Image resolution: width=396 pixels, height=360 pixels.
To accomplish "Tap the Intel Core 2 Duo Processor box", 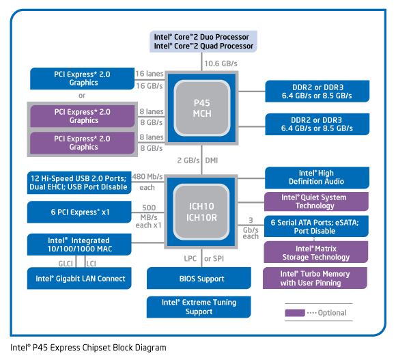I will [203, 41].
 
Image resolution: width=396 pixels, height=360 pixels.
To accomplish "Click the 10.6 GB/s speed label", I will [220, 64].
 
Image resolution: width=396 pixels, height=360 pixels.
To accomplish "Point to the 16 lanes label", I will [149, 73].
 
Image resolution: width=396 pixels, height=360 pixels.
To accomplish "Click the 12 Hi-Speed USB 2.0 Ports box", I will [79, 182].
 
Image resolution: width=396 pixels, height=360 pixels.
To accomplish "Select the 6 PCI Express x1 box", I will [79, 212].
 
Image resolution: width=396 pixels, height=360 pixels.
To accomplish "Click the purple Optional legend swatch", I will [294, 313].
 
